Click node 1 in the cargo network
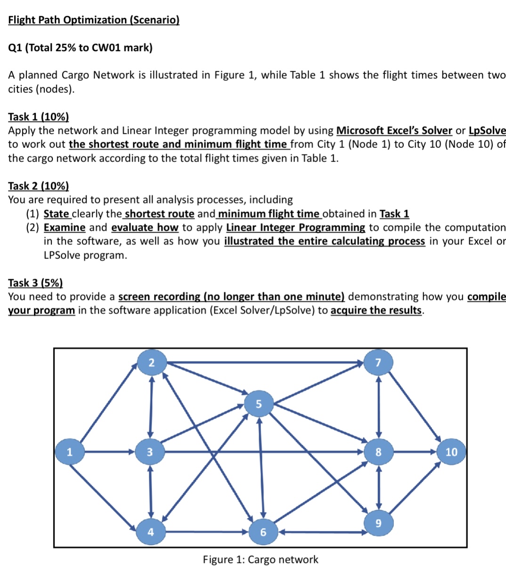(x=69, y=452)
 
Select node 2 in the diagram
(x=151, y=362)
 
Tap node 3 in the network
(x=149, y=452)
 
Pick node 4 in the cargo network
(x=150, y=532)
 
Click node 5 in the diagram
(x=258, y=403)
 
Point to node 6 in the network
(x=263, y=532)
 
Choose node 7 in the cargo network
(x=378, y=362)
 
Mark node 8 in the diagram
(x=378, y=452)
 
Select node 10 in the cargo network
(x=451, y=452)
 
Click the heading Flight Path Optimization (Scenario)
(x=94, y=20)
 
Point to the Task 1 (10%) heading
(x=39, y=117)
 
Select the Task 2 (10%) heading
(x=39, y=186)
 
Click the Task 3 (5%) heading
(x=35, y=282)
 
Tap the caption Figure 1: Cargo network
(x=261, y=559)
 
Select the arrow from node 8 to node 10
(x=415, y=452)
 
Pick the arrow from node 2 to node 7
(x=264, y=362)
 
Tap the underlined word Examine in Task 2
(x=65, y=227)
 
